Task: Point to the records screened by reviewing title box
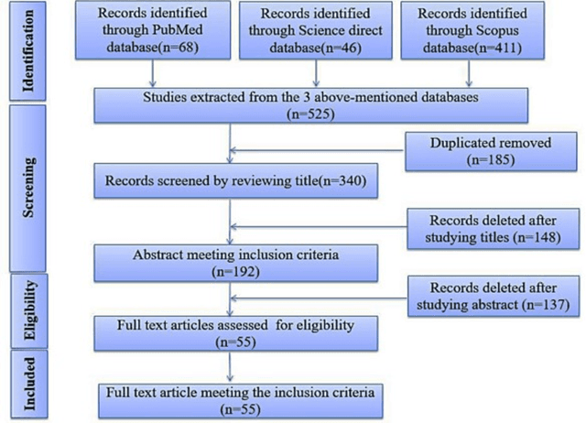236,179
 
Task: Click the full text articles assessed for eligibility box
236,332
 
